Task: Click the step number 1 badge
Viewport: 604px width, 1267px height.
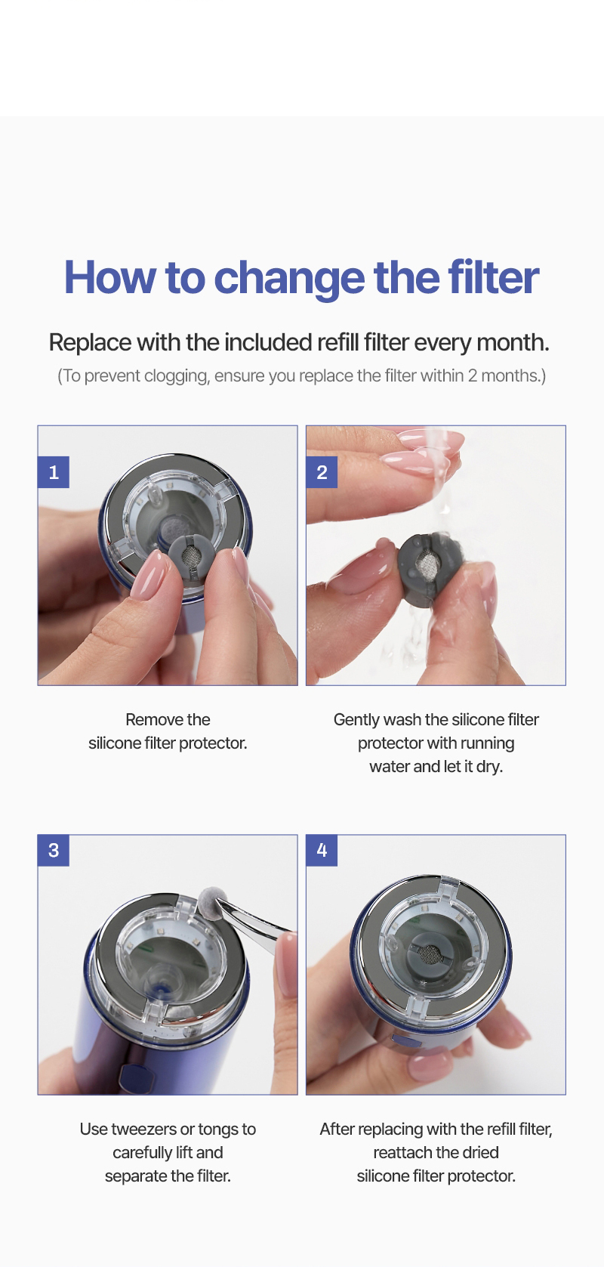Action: pyautogui.click(x=54, y=471)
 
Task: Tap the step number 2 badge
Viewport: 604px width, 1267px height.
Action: pyautogui.click(x=322, y=471)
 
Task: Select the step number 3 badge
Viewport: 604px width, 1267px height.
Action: pyautogui.click(x=54, y=850)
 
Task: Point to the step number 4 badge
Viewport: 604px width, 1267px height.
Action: pyautogui.click(x=322, y=850)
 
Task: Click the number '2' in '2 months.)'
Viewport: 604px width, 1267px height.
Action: pyautogui.click(x=473, y=376)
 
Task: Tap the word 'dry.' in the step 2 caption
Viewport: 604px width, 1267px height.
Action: pyautogui.click(x=489, y=767)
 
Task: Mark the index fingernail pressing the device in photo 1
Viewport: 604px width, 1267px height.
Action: pyautogui.click(x=148, y=575)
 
